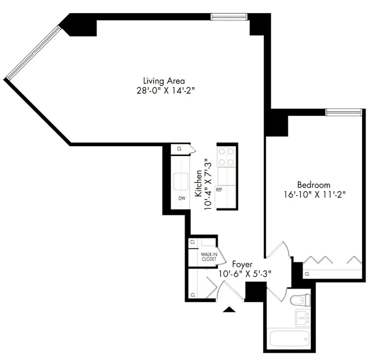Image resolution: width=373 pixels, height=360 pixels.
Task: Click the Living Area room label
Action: [164, 81]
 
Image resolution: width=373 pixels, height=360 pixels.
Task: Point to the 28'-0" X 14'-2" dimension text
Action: [164, 90]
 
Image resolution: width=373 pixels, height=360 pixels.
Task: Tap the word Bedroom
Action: [313, 185]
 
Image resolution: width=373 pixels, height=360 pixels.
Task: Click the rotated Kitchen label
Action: [198, 183]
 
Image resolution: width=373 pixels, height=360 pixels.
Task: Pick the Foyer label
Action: [242, 265]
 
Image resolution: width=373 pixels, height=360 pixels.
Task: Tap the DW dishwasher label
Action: [182, 198]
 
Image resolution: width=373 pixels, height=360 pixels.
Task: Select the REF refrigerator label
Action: [219, 189]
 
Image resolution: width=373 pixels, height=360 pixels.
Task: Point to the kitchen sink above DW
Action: [182, 181]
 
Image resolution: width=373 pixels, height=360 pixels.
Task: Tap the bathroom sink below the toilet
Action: [302, 317]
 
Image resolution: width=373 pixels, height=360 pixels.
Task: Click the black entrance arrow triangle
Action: [229, 309]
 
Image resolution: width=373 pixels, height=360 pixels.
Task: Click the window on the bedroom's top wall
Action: [343, 112]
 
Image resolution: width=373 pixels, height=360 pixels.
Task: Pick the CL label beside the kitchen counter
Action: [179, 148]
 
